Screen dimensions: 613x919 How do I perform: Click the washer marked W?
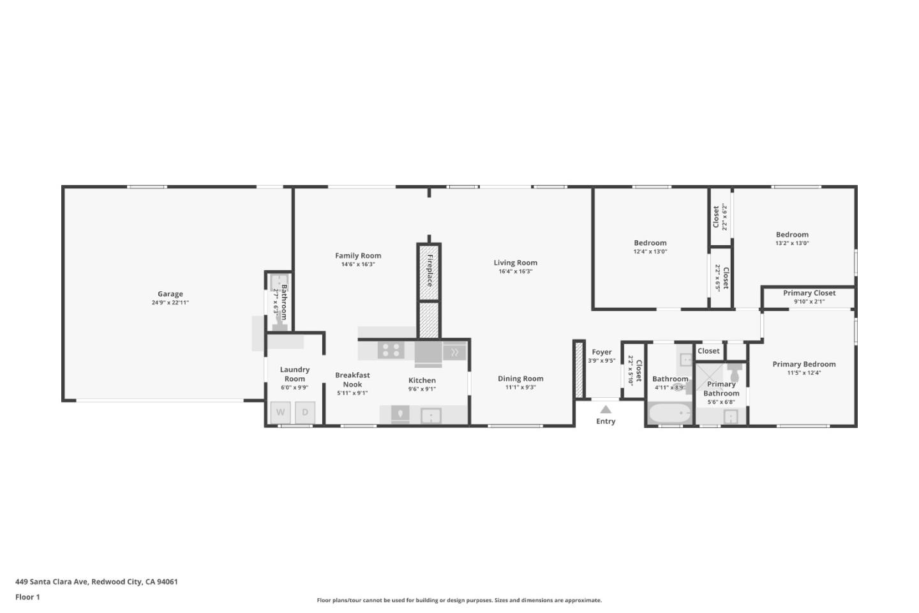(x=281, y=412)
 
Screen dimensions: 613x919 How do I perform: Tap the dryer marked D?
(x=305, y=412)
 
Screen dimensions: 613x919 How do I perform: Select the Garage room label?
(x=170, y=294)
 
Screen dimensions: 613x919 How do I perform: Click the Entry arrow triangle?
(x=606, y=409)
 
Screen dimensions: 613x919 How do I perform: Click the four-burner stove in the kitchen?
(x=391, y=350)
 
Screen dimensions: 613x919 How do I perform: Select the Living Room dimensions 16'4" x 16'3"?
(x=516, y=271)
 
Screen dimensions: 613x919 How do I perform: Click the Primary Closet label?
(x=809, y=293)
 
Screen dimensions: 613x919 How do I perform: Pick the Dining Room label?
(x=521, y=379)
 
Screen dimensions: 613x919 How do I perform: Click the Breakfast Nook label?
(x=352, y=380)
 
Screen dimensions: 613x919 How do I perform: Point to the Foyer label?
(x=602, y=352)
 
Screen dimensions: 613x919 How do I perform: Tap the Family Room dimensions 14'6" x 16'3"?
(x=358, y=264)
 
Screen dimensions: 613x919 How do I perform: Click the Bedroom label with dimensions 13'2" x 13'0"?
(x=792, y=234)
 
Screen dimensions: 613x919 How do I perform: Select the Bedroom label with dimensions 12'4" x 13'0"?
(x=650, y=243)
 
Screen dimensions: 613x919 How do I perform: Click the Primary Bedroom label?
(x=804, y=364)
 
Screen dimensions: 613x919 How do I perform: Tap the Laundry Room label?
(x=295, y=374)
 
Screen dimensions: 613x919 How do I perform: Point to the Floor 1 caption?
(x=27, y=597)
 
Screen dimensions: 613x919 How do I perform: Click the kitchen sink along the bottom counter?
(x=431, y=416)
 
